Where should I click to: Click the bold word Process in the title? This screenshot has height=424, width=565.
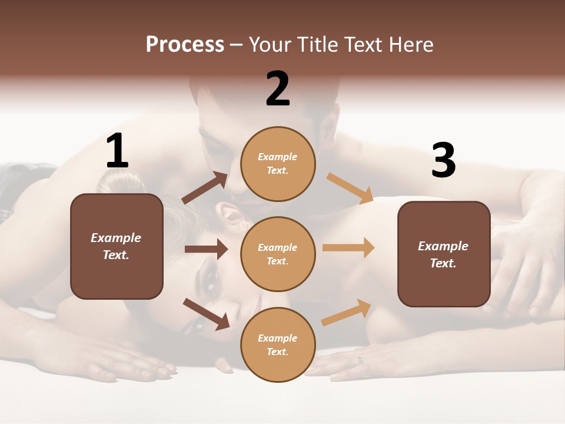[185, 44]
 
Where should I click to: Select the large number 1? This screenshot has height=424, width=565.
[117, 151]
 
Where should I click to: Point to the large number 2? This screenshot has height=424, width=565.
[278, 88]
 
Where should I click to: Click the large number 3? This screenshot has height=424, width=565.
[443, 161]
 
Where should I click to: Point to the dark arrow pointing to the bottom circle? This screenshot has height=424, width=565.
[206, 313]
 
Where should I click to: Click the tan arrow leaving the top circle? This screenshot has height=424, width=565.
[350, 188]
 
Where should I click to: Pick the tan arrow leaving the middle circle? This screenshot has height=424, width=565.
[348, 247]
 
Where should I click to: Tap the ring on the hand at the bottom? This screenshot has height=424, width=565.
[361, 360]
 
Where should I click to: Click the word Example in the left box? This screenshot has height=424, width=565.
[116, 238]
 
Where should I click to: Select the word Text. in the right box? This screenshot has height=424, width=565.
[443, 263]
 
